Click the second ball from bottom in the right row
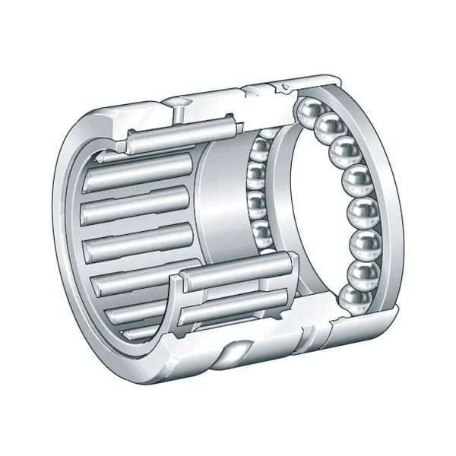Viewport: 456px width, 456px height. point(360,274)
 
